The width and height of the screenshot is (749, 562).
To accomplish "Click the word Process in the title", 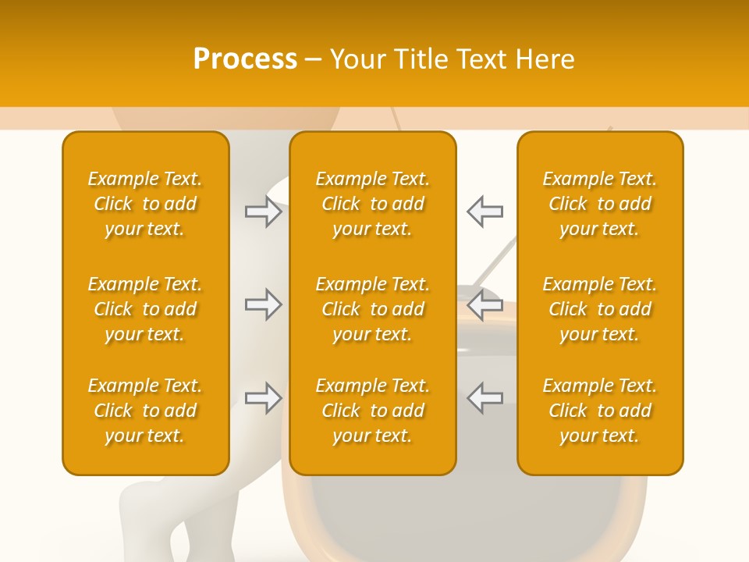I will [x=245, y=59].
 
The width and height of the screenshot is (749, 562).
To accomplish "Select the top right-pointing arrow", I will [x=264, y=211].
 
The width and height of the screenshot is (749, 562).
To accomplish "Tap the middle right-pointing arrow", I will [x=264, y=304].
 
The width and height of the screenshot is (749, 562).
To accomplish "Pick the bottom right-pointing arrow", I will [x=264, y=398].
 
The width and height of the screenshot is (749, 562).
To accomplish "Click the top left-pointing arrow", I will [x=485, y=211].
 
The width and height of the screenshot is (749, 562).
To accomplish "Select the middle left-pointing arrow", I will [x=485, y=304].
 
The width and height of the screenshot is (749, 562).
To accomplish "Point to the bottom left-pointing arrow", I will [x=485, y=398].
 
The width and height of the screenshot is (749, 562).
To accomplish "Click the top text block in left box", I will [x=145, y=204].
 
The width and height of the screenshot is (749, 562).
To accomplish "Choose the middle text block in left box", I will [x=145, y=309].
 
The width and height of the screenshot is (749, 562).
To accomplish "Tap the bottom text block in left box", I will [x=145, y=411].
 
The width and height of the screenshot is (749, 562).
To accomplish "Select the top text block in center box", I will [x=372, y=204].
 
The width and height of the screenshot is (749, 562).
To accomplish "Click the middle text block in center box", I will [x=372, y=309].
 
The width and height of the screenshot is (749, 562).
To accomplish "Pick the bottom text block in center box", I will [x=372, y=411].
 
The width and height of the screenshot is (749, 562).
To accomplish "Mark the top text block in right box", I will [x=599, y=204].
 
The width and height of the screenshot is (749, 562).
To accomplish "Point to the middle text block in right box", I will [x=599, y=309].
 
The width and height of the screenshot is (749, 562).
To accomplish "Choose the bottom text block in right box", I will [x=599, y=411].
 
